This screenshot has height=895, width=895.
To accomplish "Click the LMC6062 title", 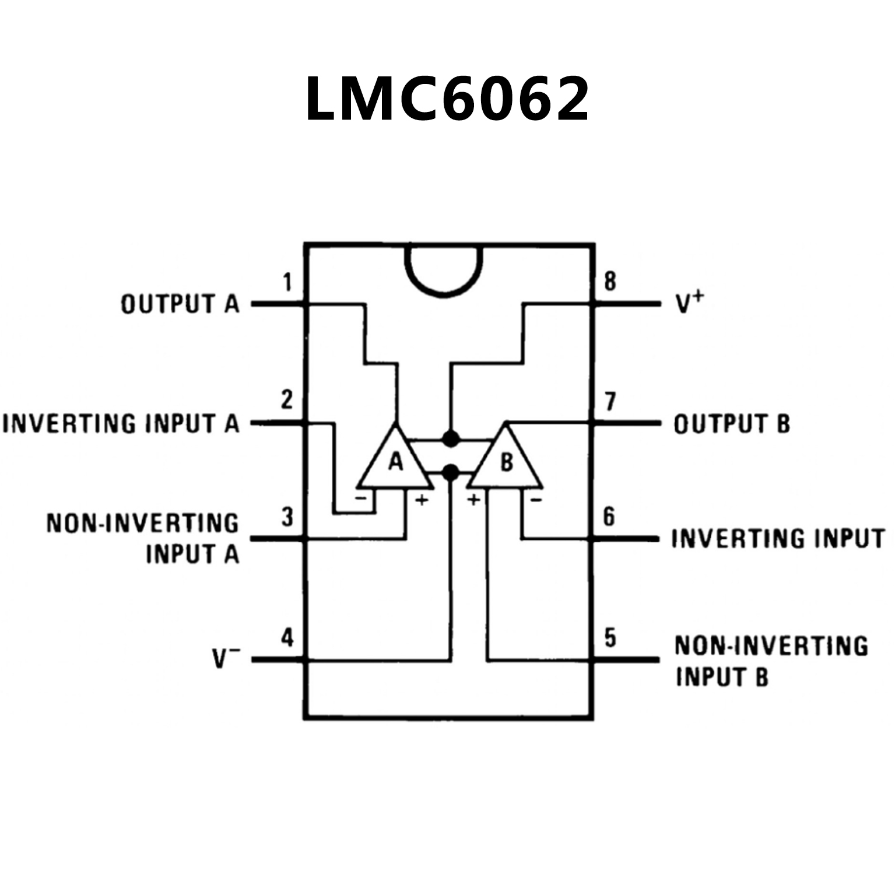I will tap(447, 99).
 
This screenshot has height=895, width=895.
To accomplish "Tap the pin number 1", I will tap(287, 282).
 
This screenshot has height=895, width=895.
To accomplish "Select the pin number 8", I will tap(609, 282).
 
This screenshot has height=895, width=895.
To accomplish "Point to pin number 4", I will tap(287, 637).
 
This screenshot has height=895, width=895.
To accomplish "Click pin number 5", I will tap(610, 637).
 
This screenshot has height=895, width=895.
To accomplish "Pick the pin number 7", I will tap(610, 402).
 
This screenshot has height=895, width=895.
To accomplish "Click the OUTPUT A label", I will tap(180, 304).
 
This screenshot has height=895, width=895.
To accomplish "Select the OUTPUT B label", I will tap(732, 424).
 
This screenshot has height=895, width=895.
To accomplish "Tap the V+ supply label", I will tap(690, 303).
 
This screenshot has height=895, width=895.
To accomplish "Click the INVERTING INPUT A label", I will tap(121, 423).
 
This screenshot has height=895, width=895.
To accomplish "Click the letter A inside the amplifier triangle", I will tap(396, 462).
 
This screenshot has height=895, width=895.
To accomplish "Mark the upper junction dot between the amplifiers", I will tap(450, 438).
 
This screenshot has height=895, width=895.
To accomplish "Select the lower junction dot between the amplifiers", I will tap(450, 472).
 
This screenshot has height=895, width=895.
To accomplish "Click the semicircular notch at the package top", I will tap(444, 269).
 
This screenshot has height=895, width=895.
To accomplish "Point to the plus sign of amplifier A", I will tap(421, 500).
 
